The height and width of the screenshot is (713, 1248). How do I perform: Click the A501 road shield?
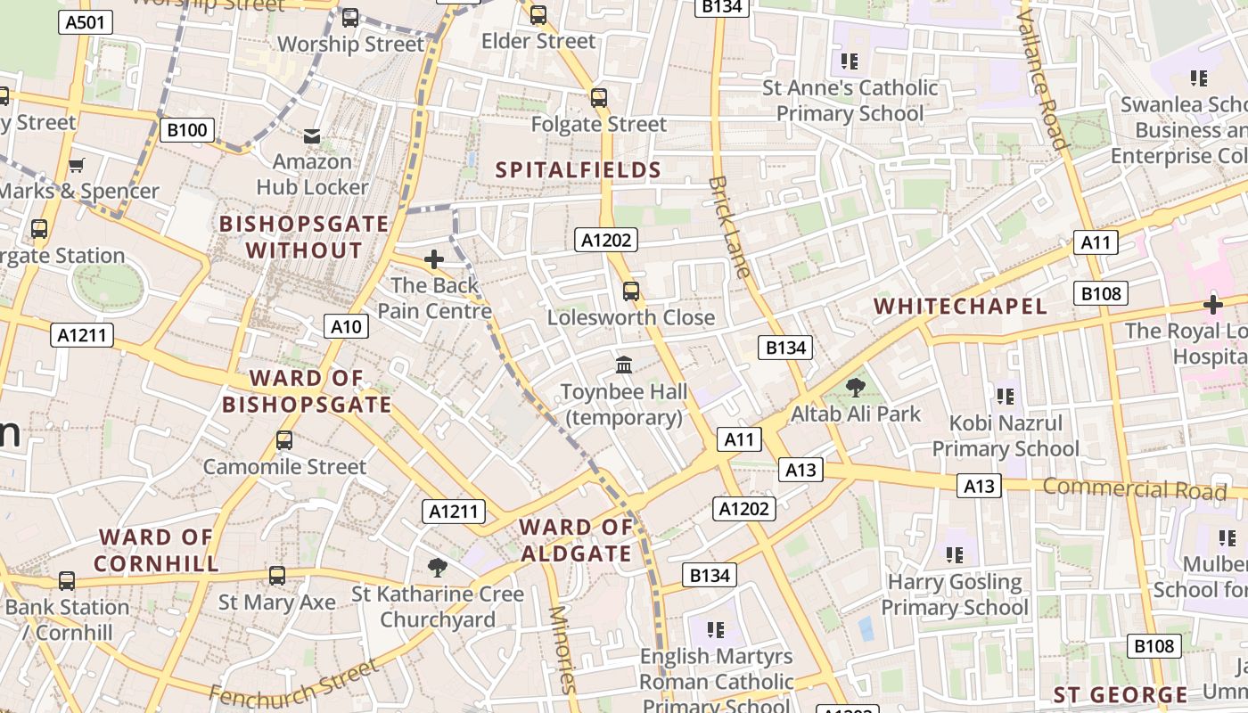[86, 22]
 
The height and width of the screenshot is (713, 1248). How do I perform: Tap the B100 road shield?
[186, 130]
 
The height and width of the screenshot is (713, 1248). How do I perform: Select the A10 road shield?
[346, 326]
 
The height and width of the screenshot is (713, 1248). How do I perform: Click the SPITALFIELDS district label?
[578, 170]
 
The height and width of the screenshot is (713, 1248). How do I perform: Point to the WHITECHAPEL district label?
[960, 306]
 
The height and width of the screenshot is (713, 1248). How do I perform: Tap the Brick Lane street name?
[729, 226]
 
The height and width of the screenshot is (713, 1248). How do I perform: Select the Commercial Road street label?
[1134, 488]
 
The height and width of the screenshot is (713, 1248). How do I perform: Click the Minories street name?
[561, 649]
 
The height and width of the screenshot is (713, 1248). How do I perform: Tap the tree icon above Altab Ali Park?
[856, 388]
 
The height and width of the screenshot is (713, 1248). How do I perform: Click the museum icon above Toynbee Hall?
[624, 365]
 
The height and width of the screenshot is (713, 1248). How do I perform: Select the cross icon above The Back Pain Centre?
[434, 259]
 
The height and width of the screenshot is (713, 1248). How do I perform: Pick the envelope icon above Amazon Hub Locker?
[312, 136]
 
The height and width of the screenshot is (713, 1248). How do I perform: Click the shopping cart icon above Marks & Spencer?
[77, 165]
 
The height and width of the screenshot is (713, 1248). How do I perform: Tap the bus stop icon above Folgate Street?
[599, 98]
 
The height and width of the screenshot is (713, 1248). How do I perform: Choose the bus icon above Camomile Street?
[284, 440]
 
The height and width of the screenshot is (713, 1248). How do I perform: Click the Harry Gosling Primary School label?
[955, 594]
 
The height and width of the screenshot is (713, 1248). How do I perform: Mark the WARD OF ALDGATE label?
[576, 540]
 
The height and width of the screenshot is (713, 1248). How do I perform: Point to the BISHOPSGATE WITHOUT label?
[304, 237]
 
